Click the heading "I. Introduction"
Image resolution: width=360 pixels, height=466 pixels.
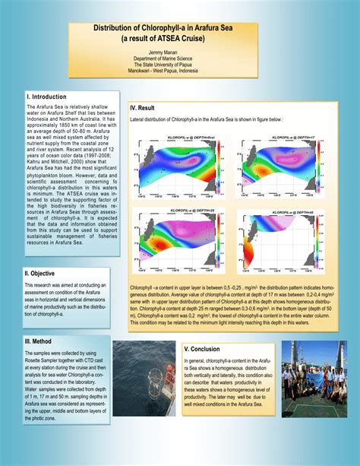(47, 97)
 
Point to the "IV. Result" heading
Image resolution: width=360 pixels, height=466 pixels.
(143, 108)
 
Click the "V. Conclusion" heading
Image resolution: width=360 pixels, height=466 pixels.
(202, 349)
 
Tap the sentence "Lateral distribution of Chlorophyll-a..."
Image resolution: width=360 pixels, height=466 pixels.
(207, 120)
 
